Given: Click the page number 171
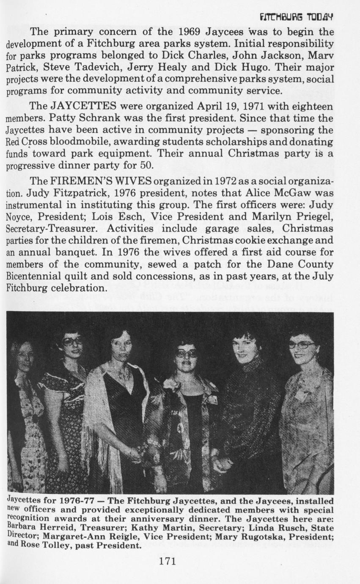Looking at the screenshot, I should [x=167, y=562].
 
